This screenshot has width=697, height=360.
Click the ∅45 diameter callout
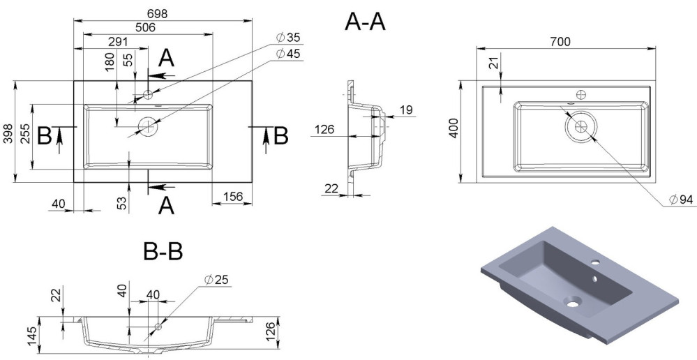pyautogui.click(x=287, y=54)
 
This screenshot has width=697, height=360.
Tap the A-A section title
pyautogui.click(x=365, y=22)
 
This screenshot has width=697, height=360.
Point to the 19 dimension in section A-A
pyautogui.click(x=407, y=109)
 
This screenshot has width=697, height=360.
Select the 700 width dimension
pyautogui.click(x=560, y=41)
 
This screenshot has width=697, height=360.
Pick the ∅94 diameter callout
pyautogui.click(x=680, y=200)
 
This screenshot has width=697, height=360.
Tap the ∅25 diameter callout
pyautogui.click(x=217, y=280)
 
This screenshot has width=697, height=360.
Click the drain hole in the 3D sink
pyautogui.click(x=574, y=303)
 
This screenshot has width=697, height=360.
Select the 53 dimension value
pyautogui.click(x=121, y=203)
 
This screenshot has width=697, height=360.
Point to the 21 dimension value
pyautogui.click(x=493, y=65)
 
